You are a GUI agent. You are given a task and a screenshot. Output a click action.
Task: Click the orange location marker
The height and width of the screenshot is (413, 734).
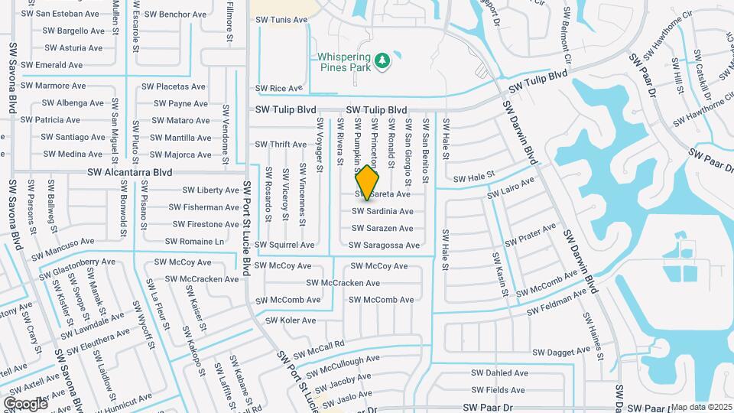[x=368, y=182]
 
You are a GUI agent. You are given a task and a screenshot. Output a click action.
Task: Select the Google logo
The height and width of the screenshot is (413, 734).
[x=25, y=403]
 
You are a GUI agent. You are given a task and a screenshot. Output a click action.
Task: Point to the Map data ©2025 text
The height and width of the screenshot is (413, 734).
[x=701, y=407]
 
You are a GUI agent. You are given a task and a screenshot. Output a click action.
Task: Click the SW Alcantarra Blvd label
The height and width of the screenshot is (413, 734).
[x=129, y=174]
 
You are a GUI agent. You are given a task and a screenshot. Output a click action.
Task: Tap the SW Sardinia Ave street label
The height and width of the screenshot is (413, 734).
[x=382, y=211]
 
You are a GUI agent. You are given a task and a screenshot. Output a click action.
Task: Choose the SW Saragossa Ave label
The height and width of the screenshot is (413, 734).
[x=384, y=246]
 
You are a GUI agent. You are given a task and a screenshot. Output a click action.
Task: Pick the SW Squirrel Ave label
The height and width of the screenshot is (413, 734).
[x=284, y=246]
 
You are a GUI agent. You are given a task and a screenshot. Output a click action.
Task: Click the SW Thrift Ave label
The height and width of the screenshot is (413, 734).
[x=281, y=145]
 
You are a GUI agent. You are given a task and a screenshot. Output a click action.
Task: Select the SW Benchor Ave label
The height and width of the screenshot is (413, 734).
[x=175, y=15]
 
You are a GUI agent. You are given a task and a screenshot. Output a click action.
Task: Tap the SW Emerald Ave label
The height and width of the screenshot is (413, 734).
[x=54, y=66]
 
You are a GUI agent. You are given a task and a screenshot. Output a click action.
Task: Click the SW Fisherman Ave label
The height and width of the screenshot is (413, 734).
[x=204, y=207]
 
